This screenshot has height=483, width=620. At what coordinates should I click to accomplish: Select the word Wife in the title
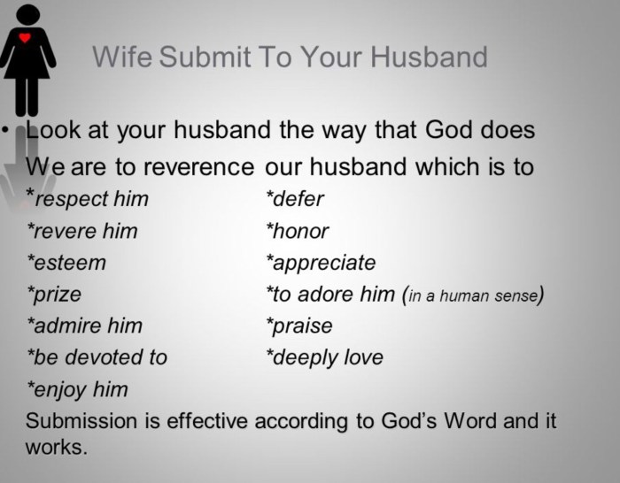[x=122, y=58]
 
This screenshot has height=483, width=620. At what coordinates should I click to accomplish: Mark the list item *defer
[x=295, y=199]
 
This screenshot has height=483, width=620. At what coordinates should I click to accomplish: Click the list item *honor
[x=298, y=231]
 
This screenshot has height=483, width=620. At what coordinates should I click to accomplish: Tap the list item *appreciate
[x=321, y=263]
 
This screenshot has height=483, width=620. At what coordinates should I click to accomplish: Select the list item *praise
[x=299, y=326]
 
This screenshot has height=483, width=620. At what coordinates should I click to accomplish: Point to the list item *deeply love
[x=324, y=357]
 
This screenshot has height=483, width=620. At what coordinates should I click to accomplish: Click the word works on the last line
[x=57, y=447]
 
